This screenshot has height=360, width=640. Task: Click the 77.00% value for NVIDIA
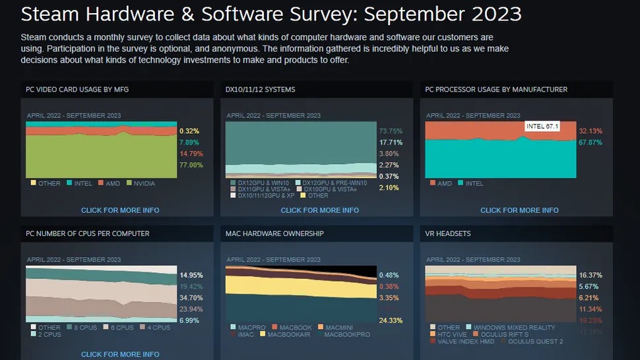tap(191, 165)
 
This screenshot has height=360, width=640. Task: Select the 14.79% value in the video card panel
tap(191, 154)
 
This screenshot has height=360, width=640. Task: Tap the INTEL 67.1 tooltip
tap(542, 126)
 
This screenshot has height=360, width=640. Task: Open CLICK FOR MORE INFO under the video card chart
tap(120, 210)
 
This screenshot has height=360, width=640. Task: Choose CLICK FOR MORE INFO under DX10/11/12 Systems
tap(320, 210)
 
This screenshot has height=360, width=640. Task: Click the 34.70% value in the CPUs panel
tap(191, 298)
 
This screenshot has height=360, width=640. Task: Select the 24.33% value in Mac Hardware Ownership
tap(391, 320)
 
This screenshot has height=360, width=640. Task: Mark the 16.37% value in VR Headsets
tap(591, 275)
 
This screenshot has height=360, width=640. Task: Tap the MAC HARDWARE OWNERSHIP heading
tap(274, 233)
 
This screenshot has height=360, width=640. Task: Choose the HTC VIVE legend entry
tap(452, 334)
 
